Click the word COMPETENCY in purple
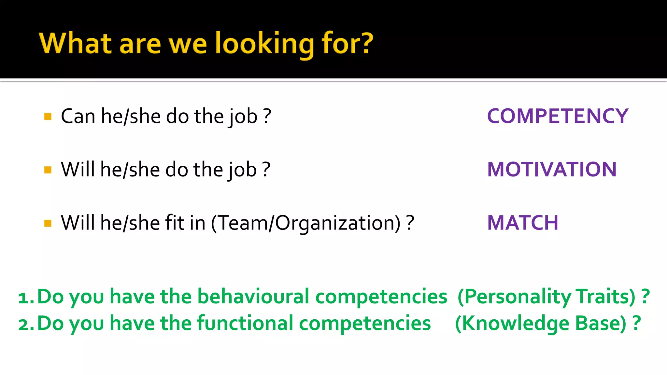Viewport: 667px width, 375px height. click(x=558, y=116)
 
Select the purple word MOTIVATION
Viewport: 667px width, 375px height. click(x=552, y=169)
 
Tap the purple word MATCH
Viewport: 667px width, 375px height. click(x=523, y=223)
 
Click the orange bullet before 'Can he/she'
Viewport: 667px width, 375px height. click(x=48, y=117)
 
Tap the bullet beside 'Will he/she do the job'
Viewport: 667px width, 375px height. click(x=48, y=170)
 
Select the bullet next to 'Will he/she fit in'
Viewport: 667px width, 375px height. click(x=48, y=223)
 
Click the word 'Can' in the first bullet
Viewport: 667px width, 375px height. click(x=78, y=116)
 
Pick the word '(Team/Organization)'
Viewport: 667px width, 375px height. click(x=306, y=223)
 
